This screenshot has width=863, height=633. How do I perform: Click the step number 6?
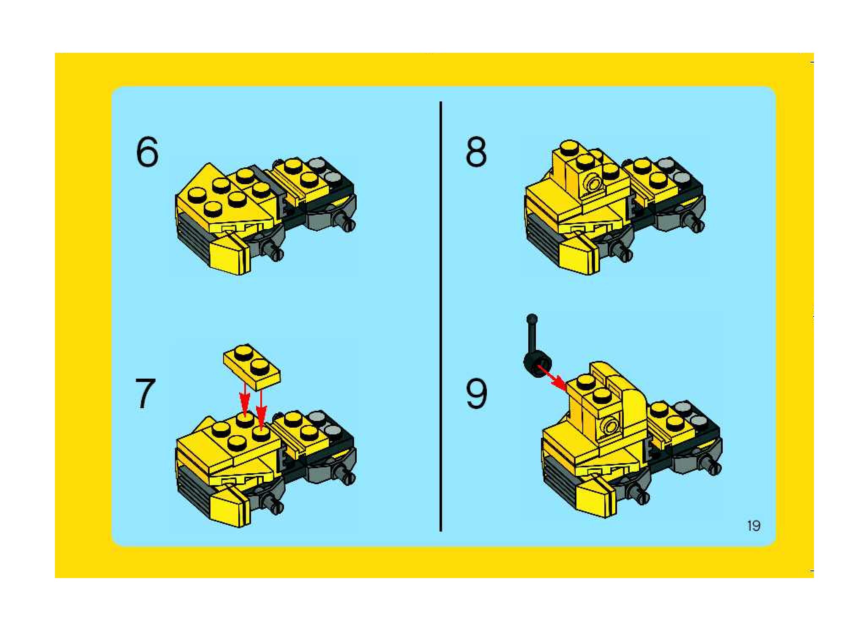tap(147, 152)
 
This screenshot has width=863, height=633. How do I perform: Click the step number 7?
tap(145, 394)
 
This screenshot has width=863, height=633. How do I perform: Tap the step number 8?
tap(476, 152)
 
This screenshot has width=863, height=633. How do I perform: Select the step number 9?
tap(476, 394)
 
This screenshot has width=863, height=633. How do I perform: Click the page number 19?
tap(754, 526)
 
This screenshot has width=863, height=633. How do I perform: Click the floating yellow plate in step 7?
tap(251, 366)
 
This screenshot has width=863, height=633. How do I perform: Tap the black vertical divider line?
tap(440, 316)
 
